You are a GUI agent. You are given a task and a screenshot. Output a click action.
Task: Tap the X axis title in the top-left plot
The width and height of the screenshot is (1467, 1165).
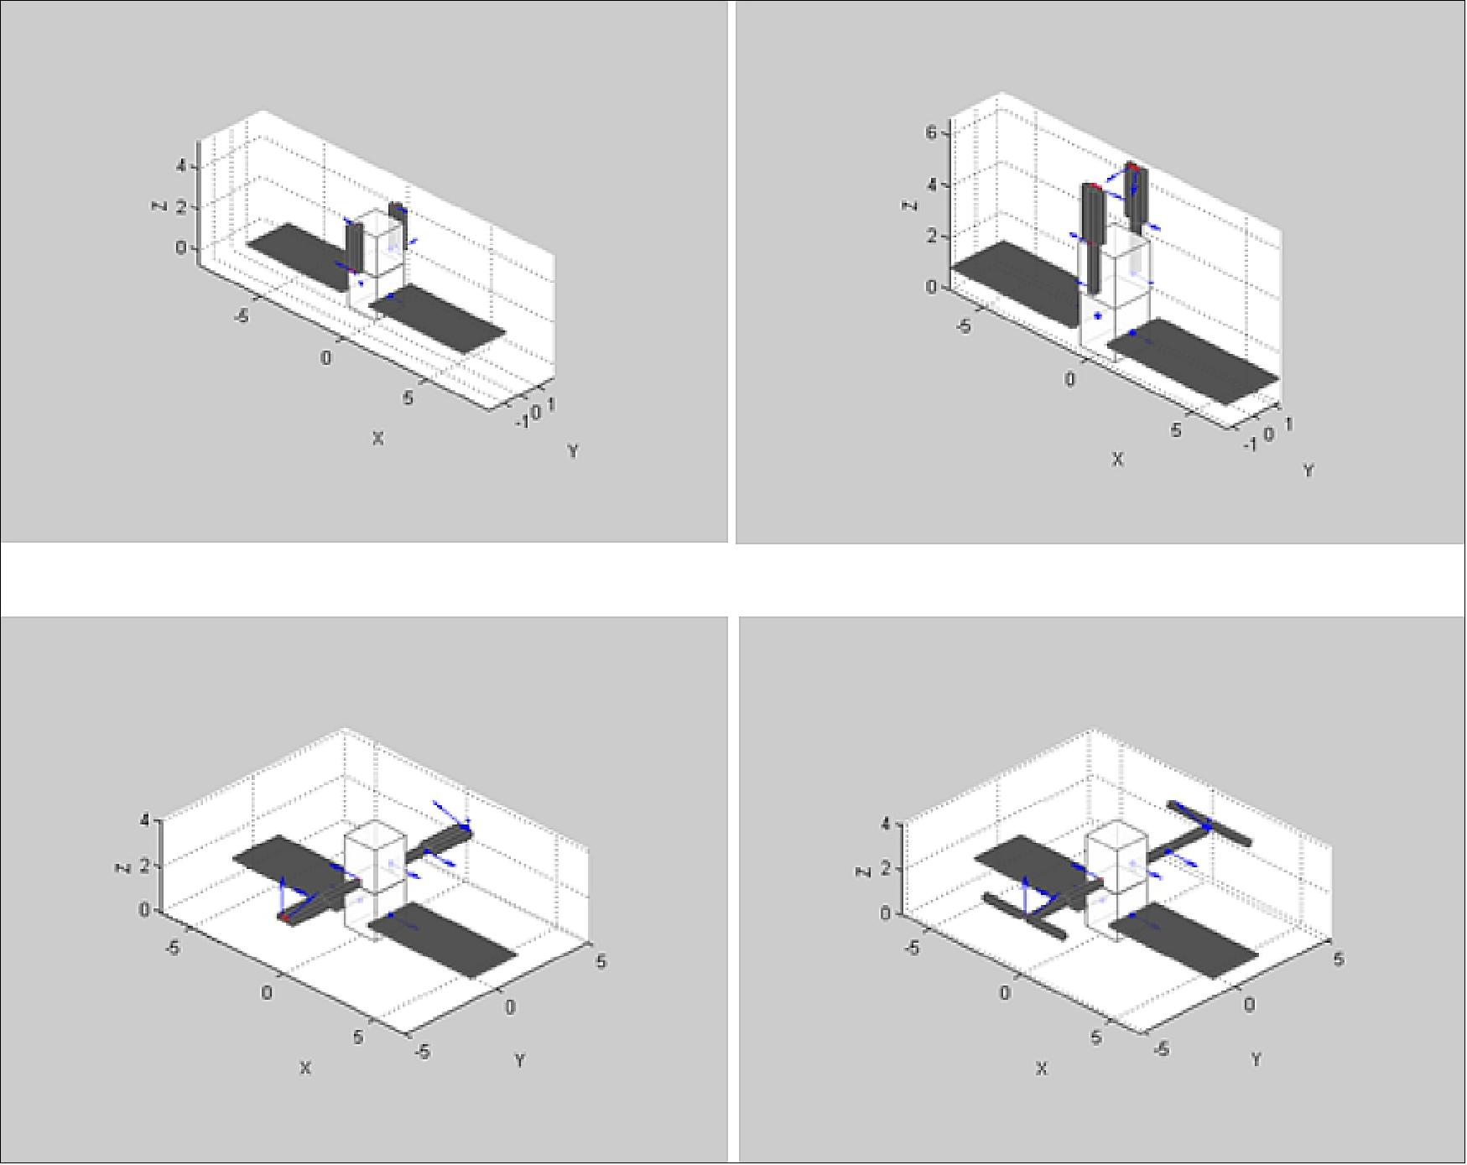pos(377,438)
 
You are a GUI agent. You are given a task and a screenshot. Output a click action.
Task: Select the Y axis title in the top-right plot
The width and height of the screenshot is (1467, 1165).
pos(1308,471)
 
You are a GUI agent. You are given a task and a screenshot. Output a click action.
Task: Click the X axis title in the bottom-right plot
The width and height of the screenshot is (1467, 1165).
pos(1041,1069)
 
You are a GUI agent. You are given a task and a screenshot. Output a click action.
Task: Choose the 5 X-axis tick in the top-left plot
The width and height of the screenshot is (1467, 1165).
pos(408,398)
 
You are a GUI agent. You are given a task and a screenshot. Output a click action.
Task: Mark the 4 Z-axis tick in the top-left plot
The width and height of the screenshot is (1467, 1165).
pos(181,166)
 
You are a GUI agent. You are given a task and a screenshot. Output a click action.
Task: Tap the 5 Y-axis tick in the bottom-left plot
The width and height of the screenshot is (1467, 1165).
pos(601,961)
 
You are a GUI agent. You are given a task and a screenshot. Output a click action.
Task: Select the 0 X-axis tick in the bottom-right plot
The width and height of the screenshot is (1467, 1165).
pos(1005,994)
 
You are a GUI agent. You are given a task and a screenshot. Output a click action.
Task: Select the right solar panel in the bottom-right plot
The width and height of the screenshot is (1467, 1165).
pos(1184,940)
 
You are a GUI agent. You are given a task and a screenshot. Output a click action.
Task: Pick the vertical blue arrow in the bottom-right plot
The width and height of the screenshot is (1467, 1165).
pos(1025,897)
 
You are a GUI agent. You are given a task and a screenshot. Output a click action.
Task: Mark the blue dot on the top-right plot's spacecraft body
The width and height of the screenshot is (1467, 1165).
pos(1097,315)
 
